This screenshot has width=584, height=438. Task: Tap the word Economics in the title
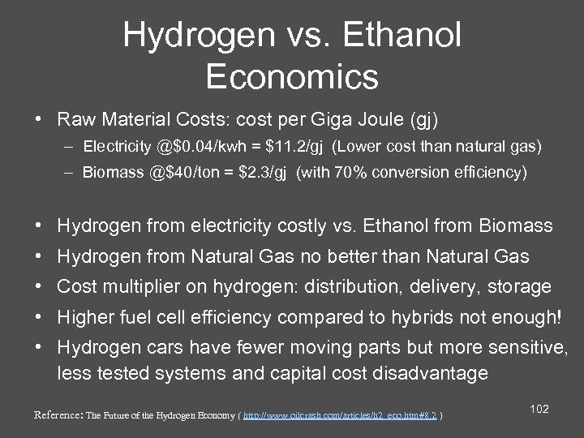click(292, 76)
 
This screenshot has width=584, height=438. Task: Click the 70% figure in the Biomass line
click(355, 172)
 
